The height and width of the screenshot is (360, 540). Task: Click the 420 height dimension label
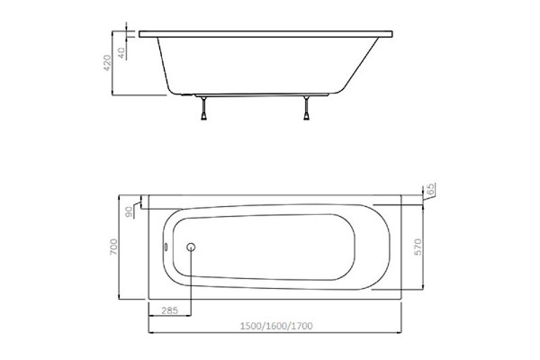pos(107,63)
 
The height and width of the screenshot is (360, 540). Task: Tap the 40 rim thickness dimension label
pos(121,53)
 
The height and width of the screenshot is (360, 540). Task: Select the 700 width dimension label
pos(113,247)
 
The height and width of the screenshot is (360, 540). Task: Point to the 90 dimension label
pos(129,212)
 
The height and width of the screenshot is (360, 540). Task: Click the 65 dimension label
pos(430,189)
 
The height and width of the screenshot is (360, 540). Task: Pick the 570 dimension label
pos(418,247)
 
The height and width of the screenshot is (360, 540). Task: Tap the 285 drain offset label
pos(170,310)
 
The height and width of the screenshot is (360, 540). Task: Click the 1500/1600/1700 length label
pos(276,326)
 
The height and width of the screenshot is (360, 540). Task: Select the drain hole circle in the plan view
pos(191,247)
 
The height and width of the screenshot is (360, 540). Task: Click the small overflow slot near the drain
pos(166,247)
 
